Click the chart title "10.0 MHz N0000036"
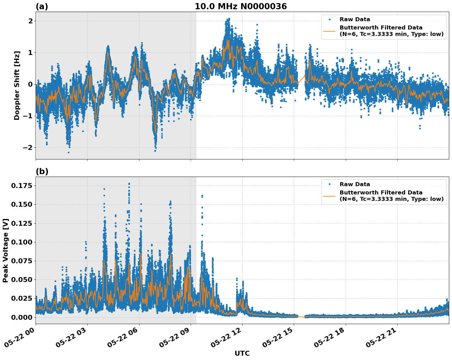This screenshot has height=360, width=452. point(240,6)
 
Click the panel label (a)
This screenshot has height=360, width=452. point(42,6)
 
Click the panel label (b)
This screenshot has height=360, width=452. point(42,171)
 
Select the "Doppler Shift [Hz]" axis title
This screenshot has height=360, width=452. point(17,85)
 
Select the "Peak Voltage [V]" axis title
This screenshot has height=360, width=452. point(6,250)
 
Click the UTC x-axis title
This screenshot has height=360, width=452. point(242,353)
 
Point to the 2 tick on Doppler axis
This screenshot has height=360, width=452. point(30,21)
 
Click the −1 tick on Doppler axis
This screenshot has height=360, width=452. point(28,116)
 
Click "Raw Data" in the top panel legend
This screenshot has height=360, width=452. point(355,19)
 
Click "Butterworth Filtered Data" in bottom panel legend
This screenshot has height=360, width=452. point(381,193)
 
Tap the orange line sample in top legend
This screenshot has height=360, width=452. point(329,31)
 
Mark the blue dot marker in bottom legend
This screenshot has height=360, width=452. point(329,184)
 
